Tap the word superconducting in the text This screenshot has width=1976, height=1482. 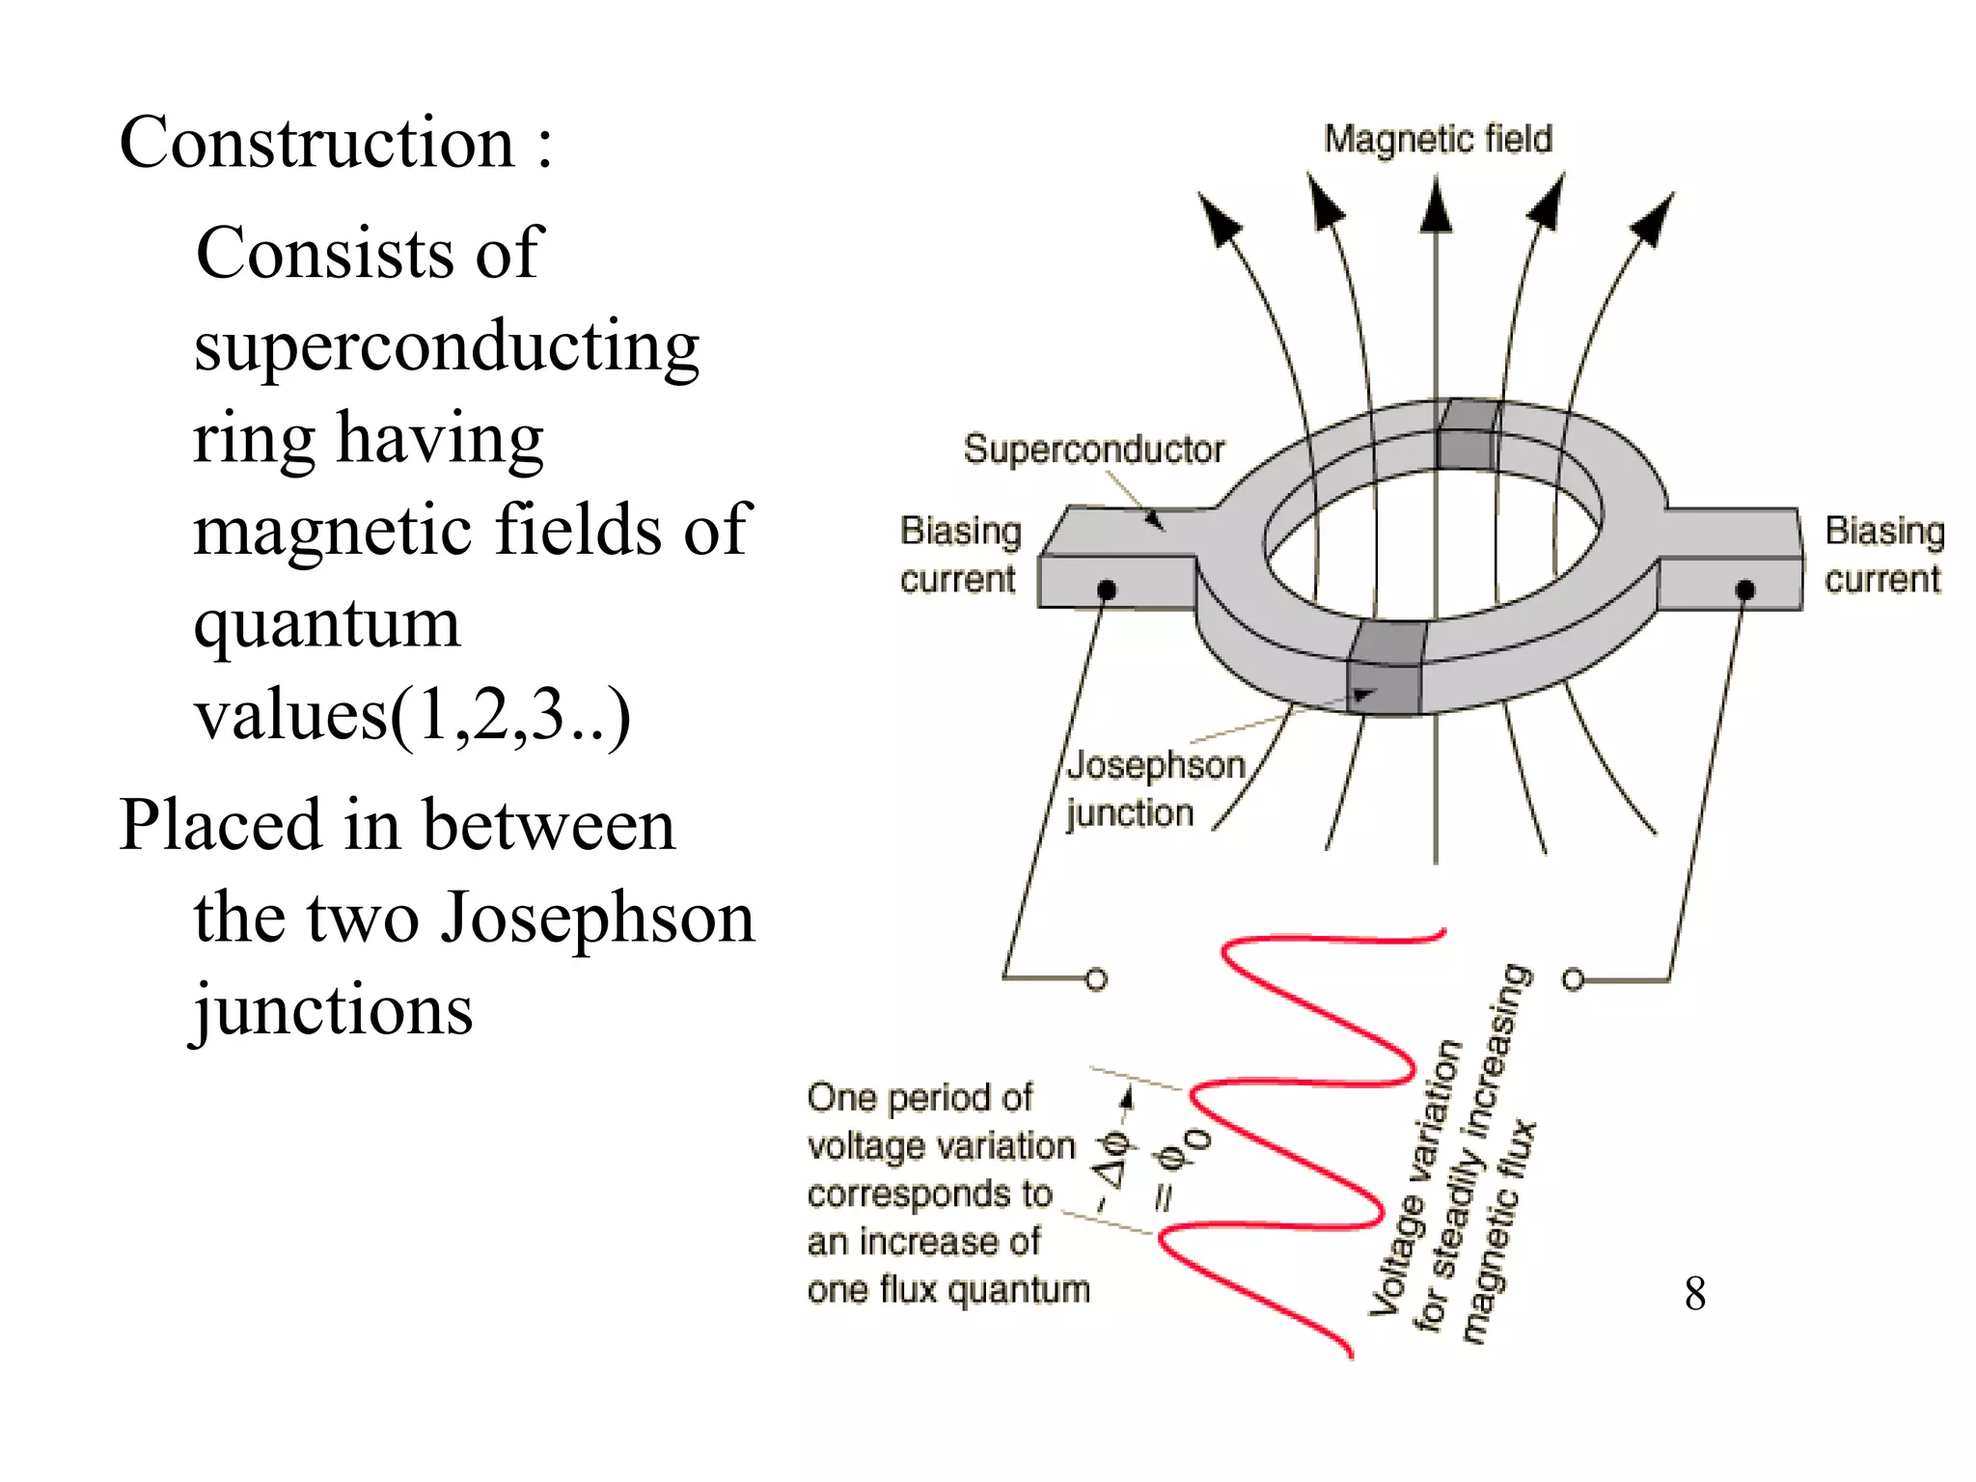pos(446,346)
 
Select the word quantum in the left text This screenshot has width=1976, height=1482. pos(326,624)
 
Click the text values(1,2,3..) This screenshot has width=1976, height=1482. pos(412,716)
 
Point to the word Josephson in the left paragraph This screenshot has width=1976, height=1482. pos(597,918)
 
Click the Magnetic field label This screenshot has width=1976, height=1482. pos(1438,140)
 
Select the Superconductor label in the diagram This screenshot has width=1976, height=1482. pos(1093,450)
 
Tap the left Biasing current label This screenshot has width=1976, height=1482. pos(960,555)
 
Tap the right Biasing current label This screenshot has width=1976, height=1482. pos(1884,555)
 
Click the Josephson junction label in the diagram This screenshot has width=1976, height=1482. pos(1155,789)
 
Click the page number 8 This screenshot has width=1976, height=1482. pos(1695,1294)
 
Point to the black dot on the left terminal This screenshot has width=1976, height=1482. pos(1108,590)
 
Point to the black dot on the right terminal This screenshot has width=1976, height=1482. pos(1744,590)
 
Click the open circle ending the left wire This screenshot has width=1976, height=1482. pos(1096,979)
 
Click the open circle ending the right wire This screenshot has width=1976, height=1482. pos(1573,979)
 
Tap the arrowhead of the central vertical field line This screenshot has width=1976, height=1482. pos(1437,207)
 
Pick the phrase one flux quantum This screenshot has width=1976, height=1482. pos(948,1290)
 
